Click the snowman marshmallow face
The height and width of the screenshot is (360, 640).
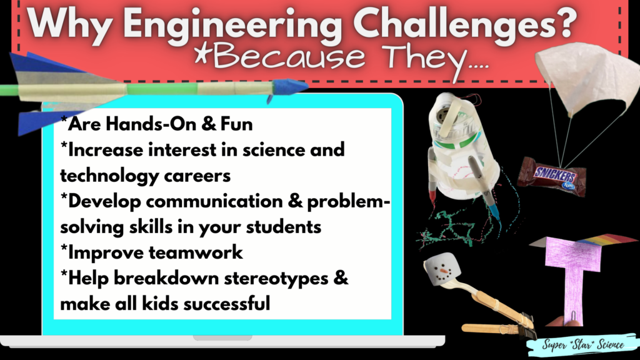pyautogui.click(x=439, y=273)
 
